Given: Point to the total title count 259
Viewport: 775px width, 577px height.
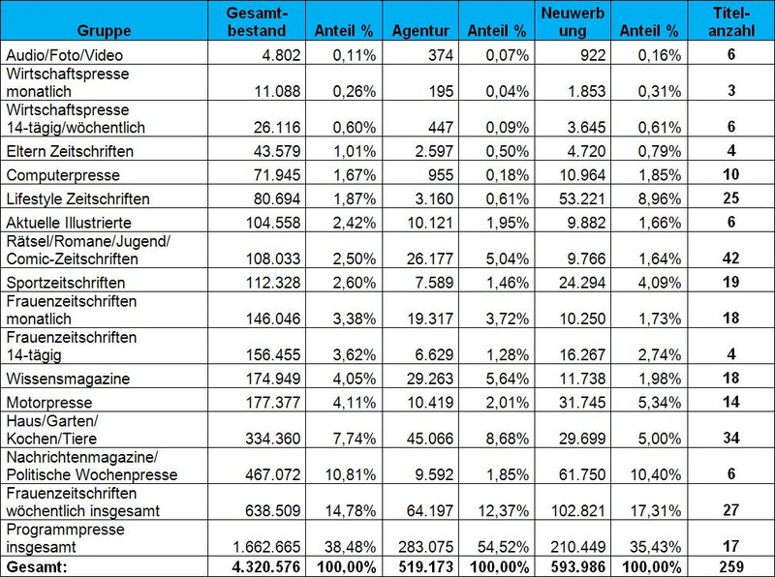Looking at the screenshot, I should (732, 566).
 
